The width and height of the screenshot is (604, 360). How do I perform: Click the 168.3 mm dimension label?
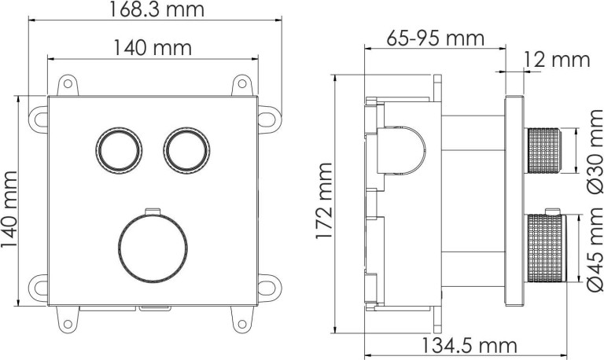tap(157, 9)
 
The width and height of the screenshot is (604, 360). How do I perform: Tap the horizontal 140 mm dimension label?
tap(153, 48)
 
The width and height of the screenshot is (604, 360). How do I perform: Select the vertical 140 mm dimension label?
tap(9, 210)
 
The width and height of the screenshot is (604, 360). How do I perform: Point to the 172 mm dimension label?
tap(323, 201)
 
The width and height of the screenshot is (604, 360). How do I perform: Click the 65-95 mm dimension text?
tap(435, 38)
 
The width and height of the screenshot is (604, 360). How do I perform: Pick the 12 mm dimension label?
tap(557, 60)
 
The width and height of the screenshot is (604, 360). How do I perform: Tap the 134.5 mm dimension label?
tap(470, 345)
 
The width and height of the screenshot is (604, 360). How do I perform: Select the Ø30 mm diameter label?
tap(595, 152)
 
